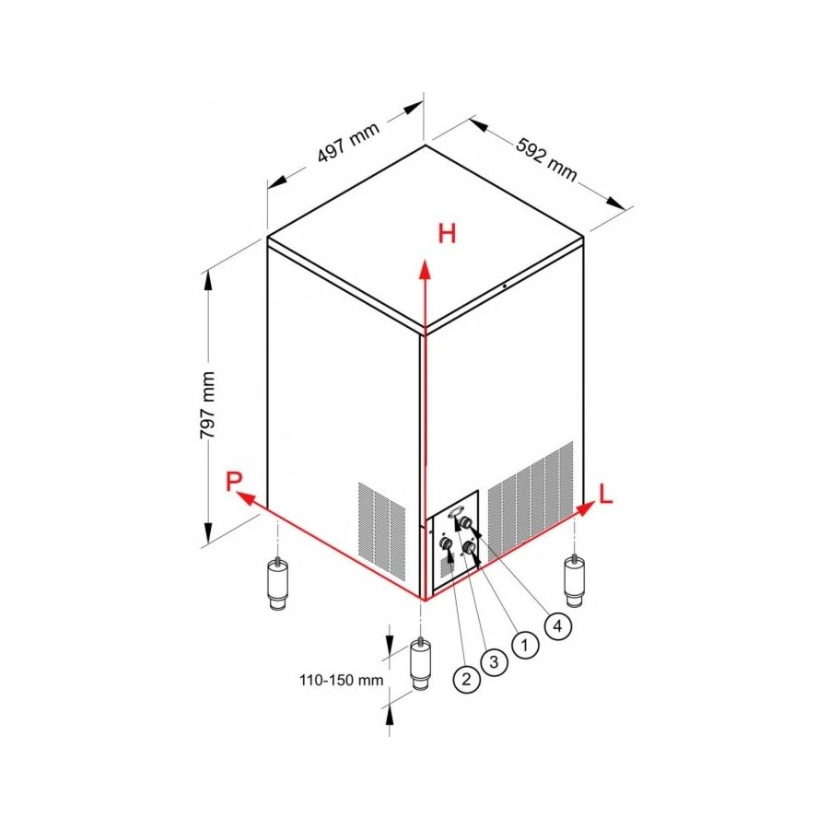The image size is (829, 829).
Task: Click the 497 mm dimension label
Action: coord(348,142)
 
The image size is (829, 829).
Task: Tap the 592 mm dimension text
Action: coord(546,159)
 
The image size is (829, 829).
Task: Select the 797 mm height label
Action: coord(207,405)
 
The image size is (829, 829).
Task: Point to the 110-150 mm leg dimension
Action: coord(341,680)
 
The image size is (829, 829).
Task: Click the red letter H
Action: coord(447,234)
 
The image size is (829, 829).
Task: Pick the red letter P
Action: coord(233,481)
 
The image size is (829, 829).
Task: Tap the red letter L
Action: coord(605,494)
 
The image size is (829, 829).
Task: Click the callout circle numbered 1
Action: coord(524,645)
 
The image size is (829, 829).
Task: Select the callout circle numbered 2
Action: coord(466,679)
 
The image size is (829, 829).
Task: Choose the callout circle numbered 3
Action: coord(494,661)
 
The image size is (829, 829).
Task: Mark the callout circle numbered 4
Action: coord(557,626)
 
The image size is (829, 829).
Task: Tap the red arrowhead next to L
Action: coord(585,508)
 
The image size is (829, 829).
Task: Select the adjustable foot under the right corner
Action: coord(574,582)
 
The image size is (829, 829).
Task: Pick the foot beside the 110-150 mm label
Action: coord(421,666)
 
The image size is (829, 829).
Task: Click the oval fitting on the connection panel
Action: coord(456,512)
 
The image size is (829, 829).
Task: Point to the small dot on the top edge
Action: coord(505,286)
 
